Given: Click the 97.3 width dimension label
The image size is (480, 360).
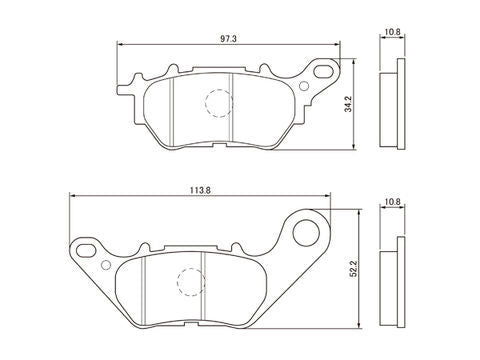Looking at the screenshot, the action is [x=228, y=39].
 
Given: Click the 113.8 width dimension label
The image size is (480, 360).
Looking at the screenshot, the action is [x=200, y=190].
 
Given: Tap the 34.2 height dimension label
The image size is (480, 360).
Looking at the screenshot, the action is [x=349, y=104].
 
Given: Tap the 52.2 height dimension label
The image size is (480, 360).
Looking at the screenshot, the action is [x=354, y=268].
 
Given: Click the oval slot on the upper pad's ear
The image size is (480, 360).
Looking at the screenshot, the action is [x=324, y=71].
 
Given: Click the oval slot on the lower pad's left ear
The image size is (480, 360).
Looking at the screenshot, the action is [x=85, y=250].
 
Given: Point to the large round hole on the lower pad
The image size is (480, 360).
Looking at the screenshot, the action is [x=306, y=232].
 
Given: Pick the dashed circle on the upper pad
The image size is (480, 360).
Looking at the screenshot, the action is [x=219, y=103].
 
